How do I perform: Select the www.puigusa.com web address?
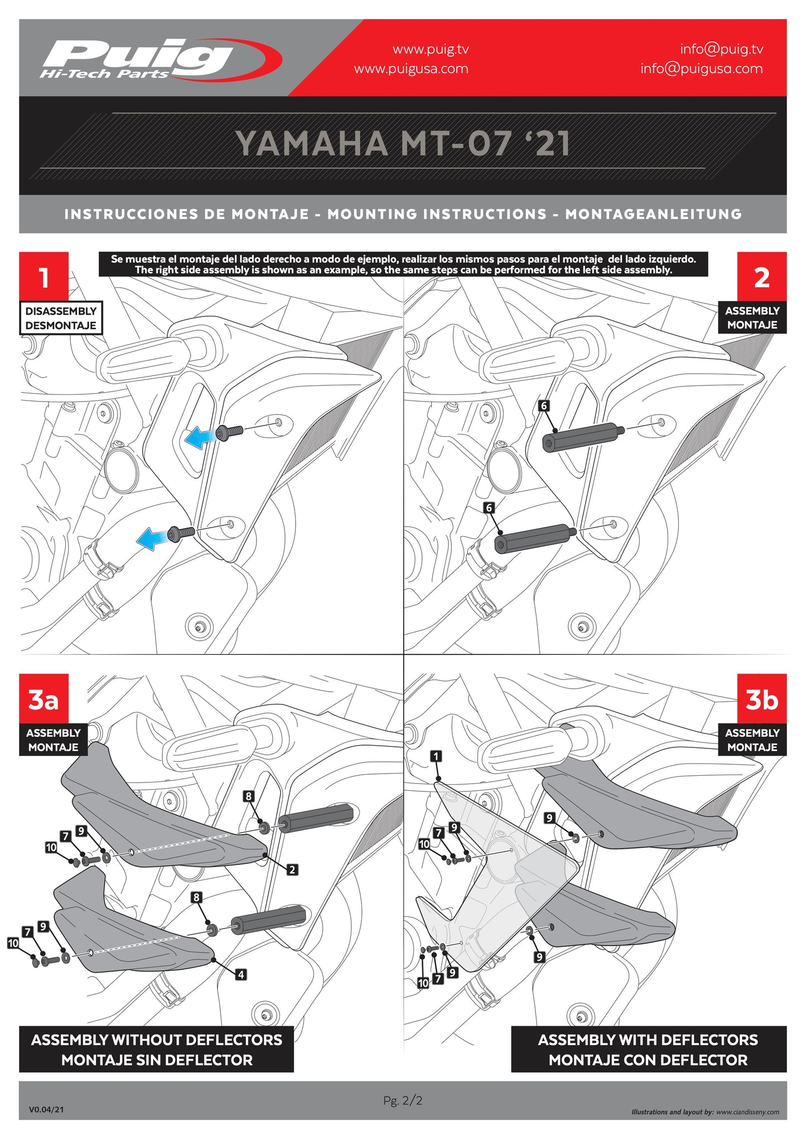(x=411, y=69)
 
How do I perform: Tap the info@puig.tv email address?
(x=721, y=49)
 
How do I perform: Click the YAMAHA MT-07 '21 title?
(x=403, y=143)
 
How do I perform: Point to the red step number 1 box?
(x=44, y=277)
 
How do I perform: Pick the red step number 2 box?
(x=761, y=277)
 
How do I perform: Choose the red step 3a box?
(x=44, y=698)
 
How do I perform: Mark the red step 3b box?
(x=761, y=698)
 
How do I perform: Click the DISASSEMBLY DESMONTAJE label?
(x=61, y=318)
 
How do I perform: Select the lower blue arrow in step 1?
(x=152, y=538)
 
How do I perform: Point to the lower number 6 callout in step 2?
(x=489, y=508)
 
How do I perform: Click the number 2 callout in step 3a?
(x=292, y=869)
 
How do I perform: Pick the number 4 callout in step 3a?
(x=241, y=974)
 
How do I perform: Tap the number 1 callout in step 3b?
(x=436, y=756)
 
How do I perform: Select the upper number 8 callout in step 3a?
(x=249, y=796)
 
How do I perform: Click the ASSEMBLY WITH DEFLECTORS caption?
(x=648, y=1049)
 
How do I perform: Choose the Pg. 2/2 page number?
(x=403, y=1100)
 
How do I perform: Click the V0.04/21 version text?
(x=46, y=1109)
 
